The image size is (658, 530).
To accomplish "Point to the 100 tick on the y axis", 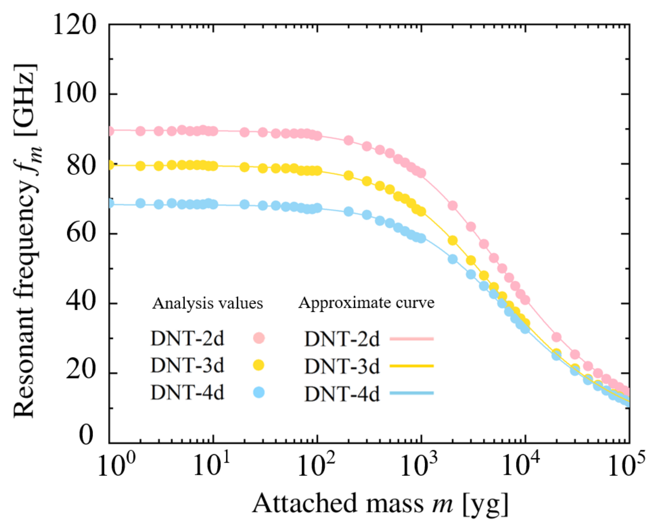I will (75, 94).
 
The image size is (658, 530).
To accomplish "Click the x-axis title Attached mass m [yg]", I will (380, 503).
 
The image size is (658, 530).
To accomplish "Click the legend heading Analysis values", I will (207, 303).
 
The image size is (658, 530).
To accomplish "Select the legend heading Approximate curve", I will (366, 303).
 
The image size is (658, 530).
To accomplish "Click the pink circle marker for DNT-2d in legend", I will (259, 338).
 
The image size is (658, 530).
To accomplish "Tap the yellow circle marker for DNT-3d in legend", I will (258, 365).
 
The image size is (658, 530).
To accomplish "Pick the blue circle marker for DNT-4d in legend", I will (259, 392).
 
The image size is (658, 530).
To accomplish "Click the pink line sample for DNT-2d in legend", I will (411, 339).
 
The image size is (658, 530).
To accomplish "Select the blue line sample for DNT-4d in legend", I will (411, 393).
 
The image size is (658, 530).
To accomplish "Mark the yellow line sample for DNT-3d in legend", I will (411, 366).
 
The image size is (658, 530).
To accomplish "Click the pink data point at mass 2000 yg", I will (452, 206).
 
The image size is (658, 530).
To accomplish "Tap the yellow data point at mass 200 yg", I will (348, 176).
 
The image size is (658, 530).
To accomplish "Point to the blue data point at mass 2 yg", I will (141, 203).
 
